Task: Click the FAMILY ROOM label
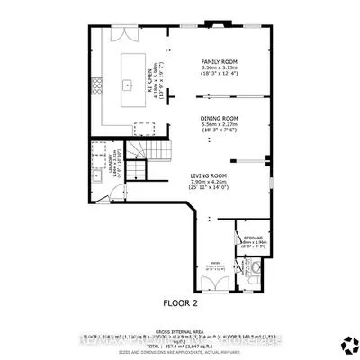pos(219,62)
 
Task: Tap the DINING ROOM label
pos(219,118)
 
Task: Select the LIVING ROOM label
pos(207,175)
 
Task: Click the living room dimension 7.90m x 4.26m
pos(207,183)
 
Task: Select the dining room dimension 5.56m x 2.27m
pos(219,125)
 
